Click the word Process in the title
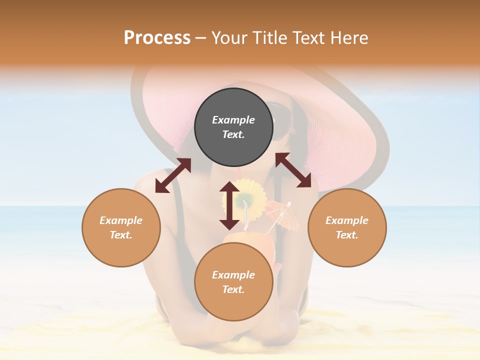point(157,38)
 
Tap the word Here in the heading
point(349,38)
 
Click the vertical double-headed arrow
point(229,205)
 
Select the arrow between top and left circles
point(173,175)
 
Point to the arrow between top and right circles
point(293,170)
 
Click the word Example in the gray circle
point(233,120)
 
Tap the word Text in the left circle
point(121,235)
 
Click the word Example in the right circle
point(347,220)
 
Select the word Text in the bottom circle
point(233,289)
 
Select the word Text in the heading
point(309,38)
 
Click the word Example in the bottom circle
point(233,275)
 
